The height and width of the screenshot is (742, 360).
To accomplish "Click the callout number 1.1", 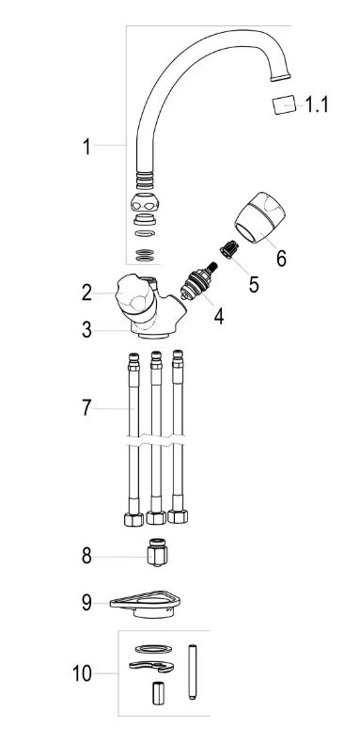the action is pos(316,104).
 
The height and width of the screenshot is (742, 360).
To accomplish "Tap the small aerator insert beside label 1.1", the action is pos(285,104).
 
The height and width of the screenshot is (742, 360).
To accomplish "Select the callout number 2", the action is pos(86,293).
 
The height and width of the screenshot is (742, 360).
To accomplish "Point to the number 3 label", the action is pos(86,330).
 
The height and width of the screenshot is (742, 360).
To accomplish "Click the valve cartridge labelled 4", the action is pos(199,281).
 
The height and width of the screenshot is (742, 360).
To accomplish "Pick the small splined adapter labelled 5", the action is pos(228,249).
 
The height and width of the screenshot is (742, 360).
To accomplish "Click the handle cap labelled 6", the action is pos(260,217).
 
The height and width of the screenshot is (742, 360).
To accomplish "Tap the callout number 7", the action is pos(86,408).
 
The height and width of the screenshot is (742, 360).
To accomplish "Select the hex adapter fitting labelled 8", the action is pos(158,553).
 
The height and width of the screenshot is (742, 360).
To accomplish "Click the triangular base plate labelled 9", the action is pos(146,604).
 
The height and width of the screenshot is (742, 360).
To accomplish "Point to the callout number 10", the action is pos(82,673).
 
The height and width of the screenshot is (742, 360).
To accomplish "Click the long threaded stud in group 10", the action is pos(193,671).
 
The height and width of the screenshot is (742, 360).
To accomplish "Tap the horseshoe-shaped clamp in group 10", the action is pos(151,667).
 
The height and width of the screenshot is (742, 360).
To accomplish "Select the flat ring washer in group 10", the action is pos(153,648).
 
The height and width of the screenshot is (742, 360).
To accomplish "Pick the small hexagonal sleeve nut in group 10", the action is pos(158,693).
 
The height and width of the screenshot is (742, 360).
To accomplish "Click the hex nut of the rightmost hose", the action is pos(178,515).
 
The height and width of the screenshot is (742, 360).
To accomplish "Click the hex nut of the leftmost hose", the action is pos(133,519).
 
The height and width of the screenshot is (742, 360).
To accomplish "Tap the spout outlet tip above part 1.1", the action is pos(280,76).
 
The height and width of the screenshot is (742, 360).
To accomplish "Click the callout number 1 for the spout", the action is pos(86,147).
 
